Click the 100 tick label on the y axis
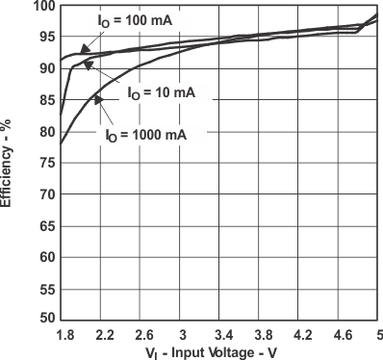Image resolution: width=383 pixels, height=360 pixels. click(x=42, y=7)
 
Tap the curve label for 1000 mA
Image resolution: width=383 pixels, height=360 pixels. click(x=145, y=136)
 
